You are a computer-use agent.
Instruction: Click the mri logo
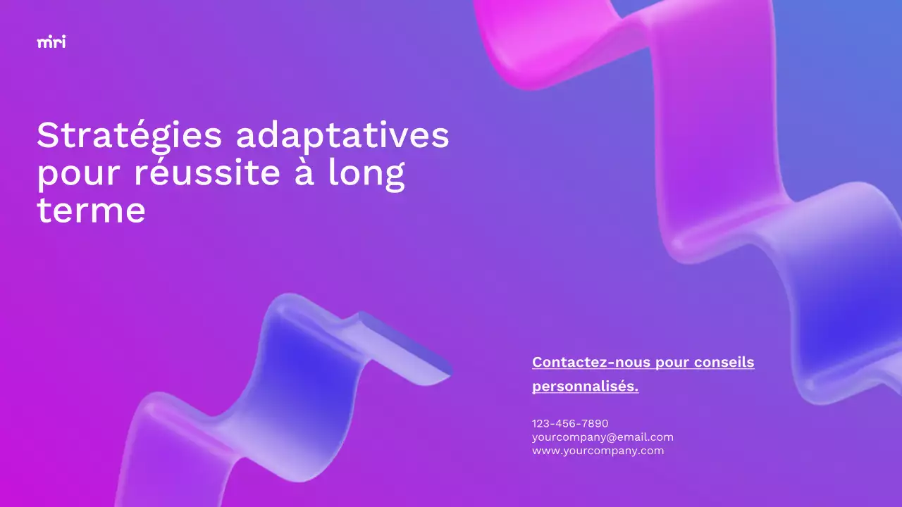(x=51, y=42)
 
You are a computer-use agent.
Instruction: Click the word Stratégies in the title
(x=129, y=135)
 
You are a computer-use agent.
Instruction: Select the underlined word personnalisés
(x=585, y=387)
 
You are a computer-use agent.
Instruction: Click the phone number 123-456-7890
(x=569, y=423)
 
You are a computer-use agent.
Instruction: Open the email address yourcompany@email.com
(x=603, y=437)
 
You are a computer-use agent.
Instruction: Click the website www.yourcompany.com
(x=598, y=451)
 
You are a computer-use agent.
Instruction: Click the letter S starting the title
(x=47, y=135)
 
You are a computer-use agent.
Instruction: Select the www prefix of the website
(x=544, y=451)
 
